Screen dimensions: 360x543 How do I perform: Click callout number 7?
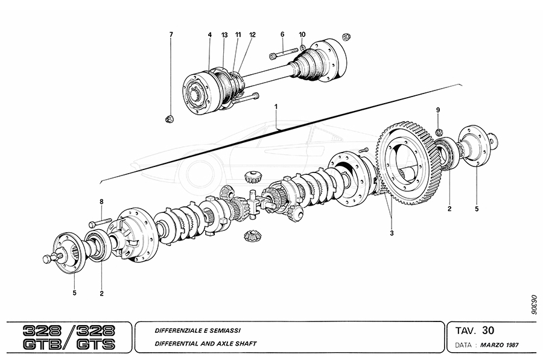coord(171,34)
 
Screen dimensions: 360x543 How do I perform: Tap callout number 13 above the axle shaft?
coord(224,35)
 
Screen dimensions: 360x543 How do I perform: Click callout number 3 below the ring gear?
coord(392,233)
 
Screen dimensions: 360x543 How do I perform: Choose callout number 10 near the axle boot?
coord(302,34)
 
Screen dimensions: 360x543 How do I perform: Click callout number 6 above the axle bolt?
coord(282,34)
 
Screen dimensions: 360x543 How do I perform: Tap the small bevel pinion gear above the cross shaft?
coord(252,178)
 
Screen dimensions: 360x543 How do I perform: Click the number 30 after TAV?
coord(489,330)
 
